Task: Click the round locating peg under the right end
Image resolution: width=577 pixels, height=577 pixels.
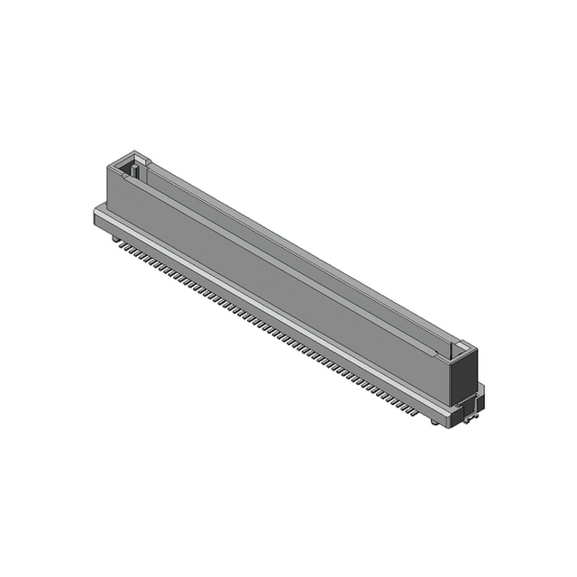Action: tap(468, 421)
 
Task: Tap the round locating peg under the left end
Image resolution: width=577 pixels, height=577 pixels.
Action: tap(115, 239)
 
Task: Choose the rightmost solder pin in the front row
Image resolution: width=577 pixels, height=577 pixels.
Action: tap(416, 412)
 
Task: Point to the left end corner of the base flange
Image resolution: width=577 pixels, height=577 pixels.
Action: tap(96, 212)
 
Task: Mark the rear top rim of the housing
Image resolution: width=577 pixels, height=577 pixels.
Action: tap(307, 243)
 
